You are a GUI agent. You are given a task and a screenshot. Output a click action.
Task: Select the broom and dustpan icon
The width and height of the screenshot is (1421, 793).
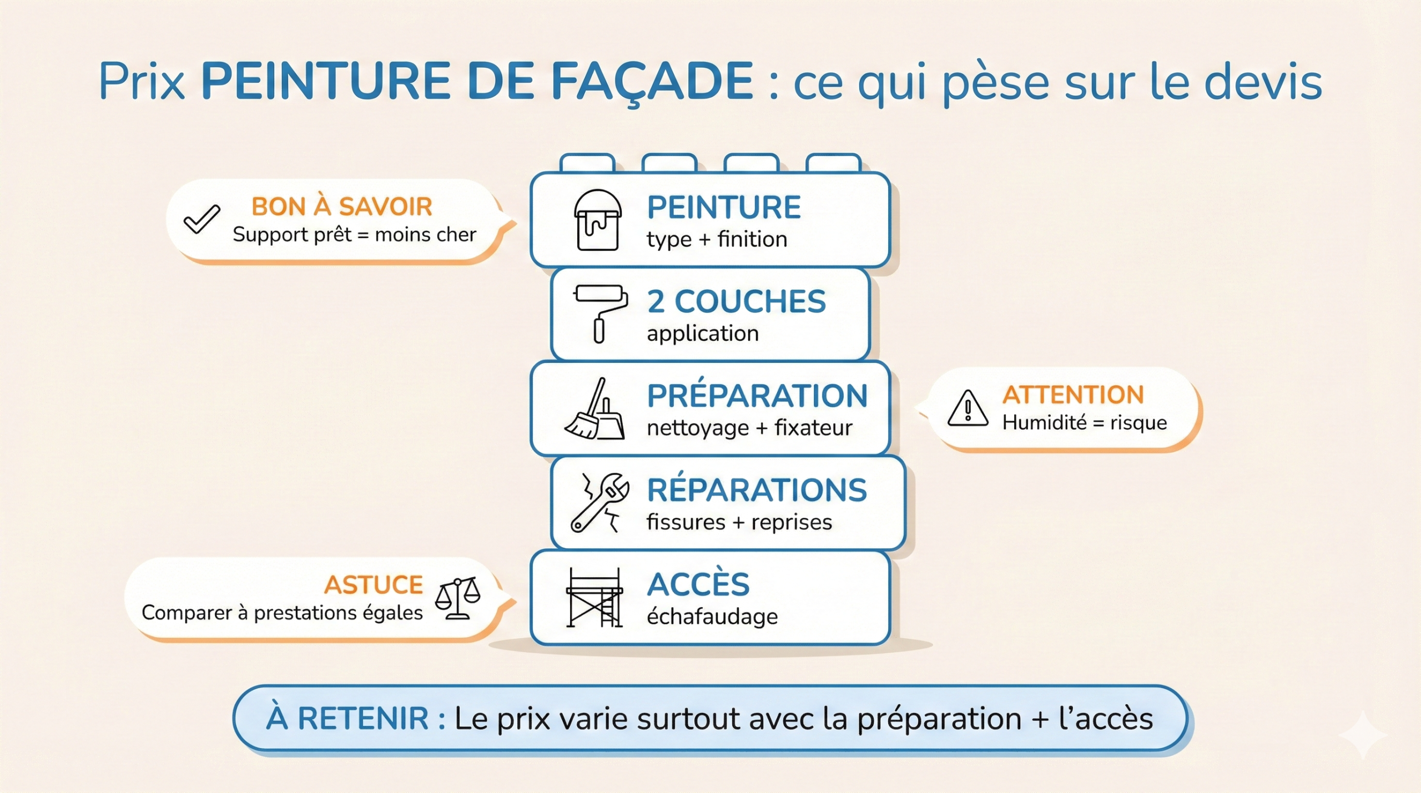594,409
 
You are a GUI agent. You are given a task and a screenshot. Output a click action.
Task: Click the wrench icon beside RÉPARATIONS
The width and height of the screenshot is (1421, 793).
599,503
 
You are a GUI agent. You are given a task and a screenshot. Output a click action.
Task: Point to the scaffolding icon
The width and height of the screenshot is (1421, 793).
594,597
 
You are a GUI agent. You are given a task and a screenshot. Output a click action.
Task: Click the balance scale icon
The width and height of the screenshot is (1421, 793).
457,598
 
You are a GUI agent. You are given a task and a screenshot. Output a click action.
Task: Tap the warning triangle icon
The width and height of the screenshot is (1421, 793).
968,408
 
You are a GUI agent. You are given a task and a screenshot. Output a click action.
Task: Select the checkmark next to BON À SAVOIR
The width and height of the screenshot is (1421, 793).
201,219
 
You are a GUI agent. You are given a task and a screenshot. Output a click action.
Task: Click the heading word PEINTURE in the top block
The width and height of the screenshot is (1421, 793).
724,208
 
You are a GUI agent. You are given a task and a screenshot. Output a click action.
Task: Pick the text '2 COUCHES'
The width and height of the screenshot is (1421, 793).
736,301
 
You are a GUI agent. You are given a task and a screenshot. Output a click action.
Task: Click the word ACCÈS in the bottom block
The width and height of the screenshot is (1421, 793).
698,584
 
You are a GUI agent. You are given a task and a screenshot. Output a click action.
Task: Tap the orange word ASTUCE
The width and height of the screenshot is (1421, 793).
374,585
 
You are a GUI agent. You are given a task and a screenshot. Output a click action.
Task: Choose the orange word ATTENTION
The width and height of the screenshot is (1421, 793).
1073,395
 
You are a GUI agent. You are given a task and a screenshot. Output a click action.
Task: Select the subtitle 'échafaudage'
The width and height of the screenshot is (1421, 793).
712,617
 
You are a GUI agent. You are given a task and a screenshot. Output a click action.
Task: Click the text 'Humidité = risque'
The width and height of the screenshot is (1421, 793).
1085,423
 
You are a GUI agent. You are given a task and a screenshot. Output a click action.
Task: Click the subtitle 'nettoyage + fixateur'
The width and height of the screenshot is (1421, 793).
749,428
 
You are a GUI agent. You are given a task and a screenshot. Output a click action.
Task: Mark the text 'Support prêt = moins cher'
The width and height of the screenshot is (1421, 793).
354,235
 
